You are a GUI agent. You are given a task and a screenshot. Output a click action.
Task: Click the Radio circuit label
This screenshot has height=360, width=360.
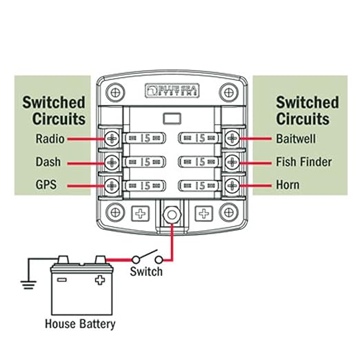[x=50, y=139]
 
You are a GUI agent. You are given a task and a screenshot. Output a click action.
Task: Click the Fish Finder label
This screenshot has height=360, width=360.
[x=305, y=163]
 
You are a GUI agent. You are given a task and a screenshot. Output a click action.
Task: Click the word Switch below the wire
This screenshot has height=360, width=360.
[x=146, y=271]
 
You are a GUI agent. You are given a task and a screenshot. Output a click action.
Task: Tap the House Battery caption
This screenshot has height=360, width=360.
[x=80, y=323]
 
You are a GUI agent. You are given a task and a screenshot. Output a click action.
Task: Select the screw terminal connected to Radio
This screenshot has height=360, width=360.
[x=112, y=139]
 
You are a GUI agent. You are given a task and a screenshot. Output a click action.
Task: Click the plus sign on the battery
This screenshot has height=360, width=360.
[x=101, y=281]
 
